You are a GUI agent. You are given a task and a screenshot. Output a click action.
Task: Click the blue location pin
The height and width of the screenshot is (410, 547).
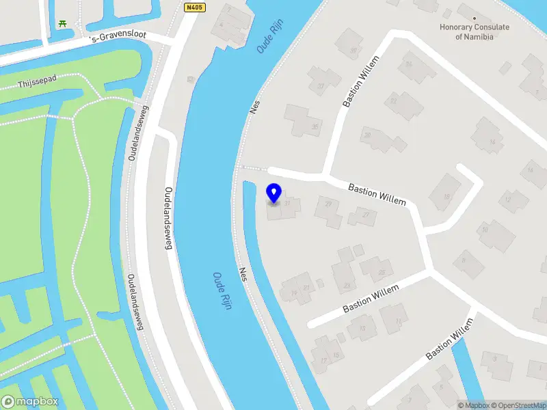274,194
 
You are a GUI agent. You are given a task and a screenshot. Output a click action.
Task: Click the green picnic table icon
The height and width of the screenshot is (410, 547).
63,24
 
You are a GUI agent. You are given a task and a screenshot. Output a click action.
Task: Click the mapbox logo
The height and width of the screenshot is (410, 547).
30,402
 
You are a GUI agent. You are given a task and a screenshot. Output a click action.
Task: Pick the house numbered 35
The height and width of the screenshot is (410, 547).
315,126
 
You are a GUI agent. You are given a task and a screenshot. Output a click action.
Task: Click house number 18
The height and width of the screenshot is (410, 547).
447,197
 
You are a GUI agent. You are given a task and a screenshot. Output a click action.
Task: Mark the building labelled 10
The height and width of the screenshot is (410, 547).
484,230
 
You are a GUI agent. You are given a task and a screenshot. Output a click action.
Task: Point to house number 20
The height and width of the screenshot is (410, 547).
366,135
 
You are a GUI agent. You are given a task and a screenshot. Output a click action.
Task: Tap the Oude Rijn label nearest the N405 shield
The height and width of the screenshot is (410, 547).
269,37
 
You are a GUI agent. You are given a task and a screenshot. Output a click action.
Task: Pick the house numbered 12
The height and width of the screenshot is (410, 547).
507,200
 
